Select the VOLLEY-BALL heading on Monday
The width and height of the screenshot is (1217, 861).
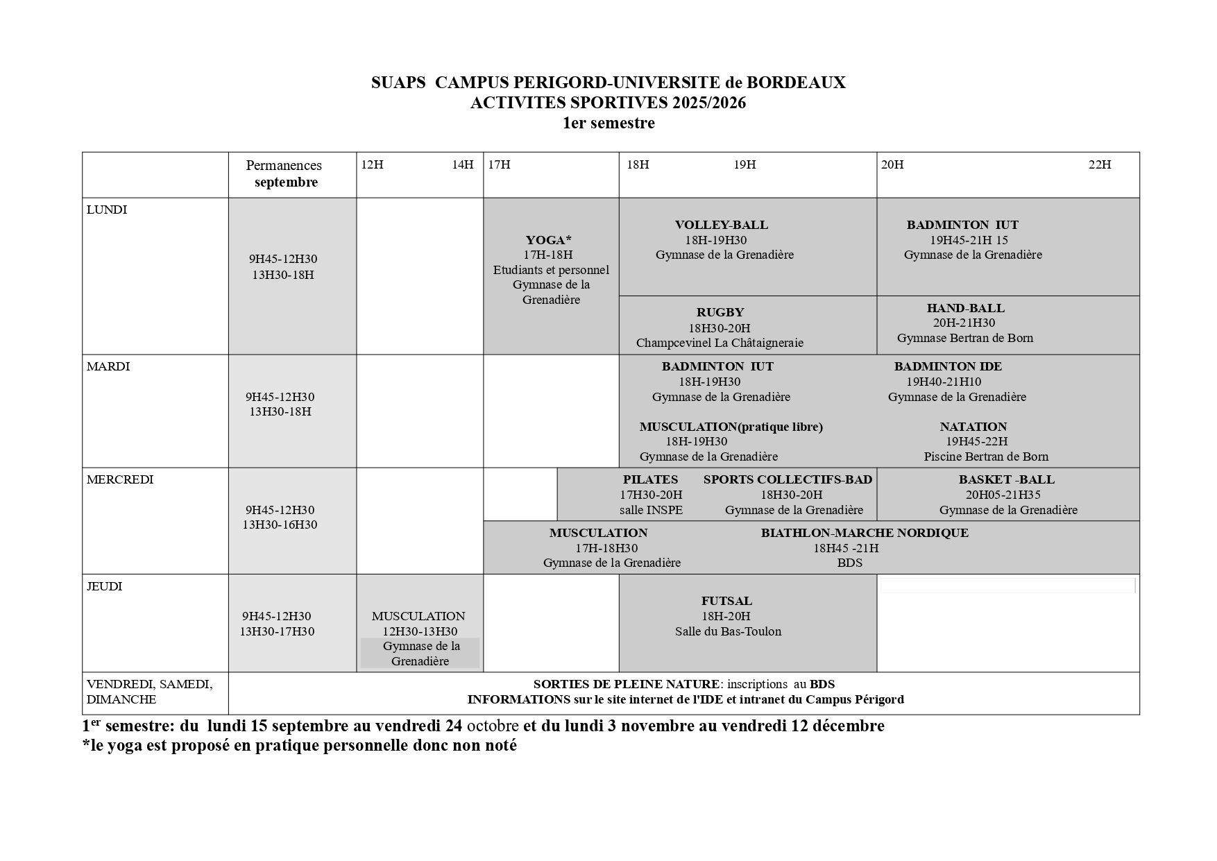point(721,225)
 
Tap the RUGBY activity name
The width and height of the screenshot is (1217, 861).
point(720,312)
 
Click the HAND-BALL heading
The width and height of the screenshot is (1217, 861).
point(965,308)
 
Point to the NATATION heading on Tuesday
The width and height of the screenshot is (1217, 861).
point(973,427)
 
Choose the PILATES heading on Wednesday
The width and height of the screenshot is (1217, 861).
point(650,479)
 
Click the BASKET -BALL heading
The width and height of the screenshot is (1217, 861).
point(1006,479)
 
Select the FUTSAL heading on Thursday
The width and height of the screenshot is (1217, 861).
point(726,601)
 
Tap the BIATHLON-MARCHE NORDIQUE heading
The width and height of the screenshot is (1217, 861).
point(864,533)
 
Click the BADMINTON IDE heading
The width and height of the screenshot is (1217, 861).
point(948,366)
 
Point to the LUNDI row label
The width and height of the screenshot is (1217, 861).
point(107,210)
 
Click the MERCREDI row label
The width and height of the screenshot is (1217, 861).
point(120,479)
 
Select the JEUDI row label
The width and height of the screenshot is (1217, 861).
point(104,586)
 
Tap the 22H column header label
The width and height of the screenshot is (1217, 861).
point(1099,164)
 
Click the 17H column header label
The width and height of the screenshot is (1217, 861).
point(499,164)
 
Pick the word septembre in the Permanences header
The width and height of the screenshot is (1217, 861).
point(286,182)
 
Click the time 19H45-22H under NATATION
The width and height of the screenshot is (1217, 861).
point(976,441)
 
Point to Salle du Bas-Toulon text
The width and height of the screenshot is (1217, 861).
point(728,631)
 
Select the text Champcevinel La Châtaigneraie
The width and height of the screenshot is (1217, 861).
point(720,343)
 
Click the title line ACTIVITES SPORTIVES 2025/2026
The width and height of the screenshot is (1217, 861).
point(608,103)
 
